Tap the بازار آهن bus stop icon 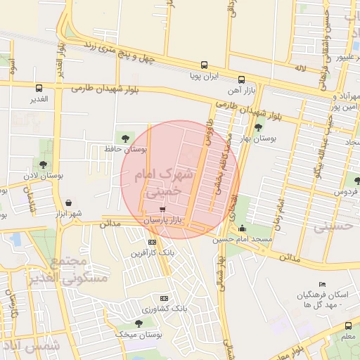click(x=241, y=79)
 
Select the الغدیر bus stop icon click(x=39, y=88)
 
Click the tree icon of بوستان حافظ click(x=125, y=138)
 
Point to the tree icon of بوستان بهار click(x=259, y=127)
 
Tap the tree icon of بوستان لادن click(x=43, y=165)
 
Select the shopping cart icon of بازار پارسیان click(x=162, y=209)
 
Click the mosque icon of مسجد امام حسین click(x=243, y=228)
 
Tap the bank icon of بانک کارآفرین click(x=152, y=242)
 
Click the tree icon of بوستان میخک click(x=139, y=323)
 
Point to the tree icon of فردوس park click(x=356, y=181)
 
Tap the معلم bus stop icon click(x=348, y=326)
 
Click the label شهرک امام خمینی click(x=162, y=181)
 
